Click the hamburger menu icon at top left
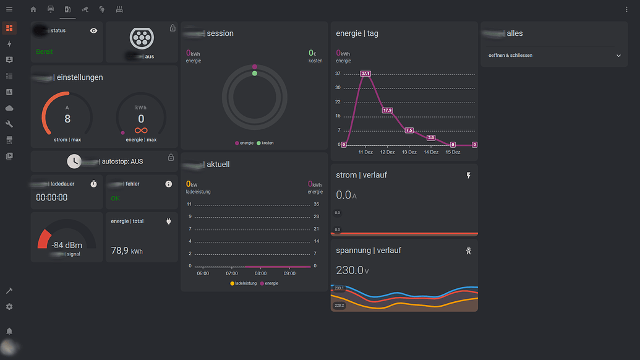click(x=9, y=9)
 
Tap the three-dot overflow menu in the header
click(x=626, y=9)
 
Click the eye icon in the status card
click(x=93, y=30)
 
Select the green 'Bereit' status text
click(x=45, y=52)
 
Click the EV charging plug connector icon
click(x=142, y=39)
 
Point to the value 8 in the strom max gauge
click(x=67, y=119)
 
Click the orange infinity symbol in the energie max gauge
click(x=141, y=131)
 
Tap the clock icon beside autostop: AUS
click(x=74, y=161)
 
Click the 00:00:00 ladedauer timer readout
click(x=52, y=198)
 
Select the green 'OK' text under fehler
click(x=116, y=199)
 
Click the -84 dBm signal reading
click(x=67, y=245)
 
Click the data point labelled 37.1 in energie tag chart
click(x=365, y=74)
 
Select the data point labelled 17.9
click(x=388, y=110)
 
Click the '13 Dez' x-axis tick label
click(x=409, y=152)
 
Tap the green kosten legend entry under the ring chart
click(x=265, y=143)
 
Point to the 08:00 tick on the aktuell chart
click(x=260, y=273)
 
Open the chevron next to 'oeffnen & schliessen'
click(x=618, y=56)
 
